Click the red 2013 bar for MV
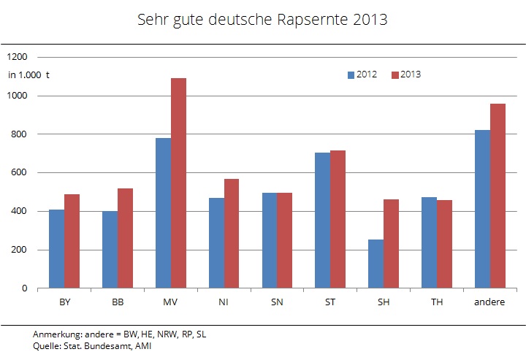pos(178,183)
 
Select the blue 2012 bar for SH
pos(376,264)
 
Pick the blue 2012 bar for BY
pos(56,248)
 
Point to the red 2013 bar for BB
pos(125,238)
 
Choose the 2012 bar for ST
pos(322,220)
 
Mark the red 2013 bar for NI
pos(232,234)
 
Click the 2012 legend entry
pos(362,74)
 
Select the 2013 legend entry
pos(406,74)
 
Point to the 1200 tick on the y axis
pos(18,57)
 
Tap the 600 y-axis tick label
pos(20,173)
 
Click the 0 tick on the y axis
pos(25,288)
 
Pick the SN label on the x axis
pos(277,302)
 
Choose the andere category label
pos(490,302)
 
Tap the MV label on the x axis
pos(170,302)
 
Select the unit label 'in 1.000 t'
pos(28,74)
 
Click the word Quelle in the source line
pos(46,345)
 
